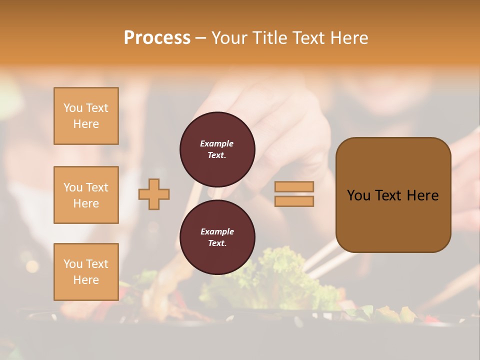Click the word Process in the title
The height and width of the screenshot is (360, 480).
(157, 38)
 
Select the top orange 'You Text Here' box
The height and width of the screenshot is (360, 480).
(86, 116)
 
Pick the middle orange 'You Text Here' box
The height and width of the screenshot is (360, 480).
(86, 195)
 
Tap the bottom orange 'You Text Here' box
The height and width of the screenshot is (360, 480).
(86, 272)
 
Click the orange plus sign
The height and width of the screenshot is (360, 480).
(154, 194)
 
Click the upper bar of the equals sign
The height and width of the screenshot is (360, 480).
(294, 187)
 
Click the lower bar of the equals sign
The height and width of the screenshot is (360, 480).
(294, 201)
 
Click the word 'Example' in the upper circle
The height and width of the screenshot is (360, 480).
(217, 143)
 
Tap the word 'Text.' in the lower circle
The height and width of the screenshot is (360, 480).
(217, 243)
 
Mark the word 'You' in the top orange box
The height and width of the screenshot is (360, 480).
(73, 108)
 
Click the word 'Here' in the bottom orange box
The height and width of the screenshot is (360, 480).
(86, 280)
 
